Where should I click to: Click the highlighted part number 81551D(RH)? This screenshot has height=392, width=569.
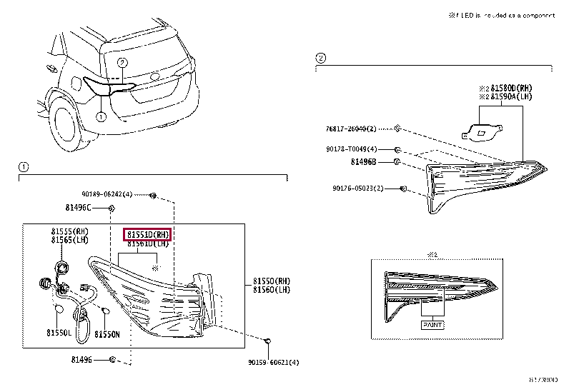(148, 235)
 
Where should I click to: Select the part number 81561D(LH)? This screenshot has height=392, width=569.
(148, 244)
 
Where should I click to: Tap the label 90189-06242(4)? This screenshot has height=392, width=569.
(107, 194)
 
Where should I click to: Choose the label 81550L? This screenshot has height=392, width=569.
(59, 333)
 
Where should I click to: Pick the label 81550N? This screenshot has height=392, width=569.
(107, 333)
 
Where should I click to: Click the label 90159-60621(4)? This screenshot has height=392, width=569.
(273, 362)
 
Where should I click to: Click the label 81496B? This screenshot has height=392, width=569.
(365, 163)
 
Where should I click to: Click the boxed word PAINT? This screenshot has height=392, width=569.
(432, 324)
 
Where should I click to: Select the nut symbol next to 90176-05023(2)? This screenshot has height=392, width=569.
(404, 189)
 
